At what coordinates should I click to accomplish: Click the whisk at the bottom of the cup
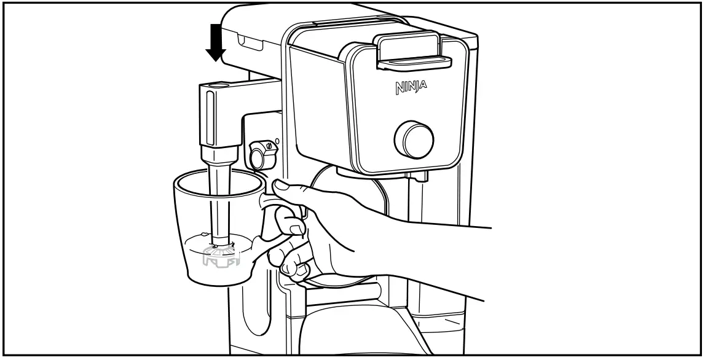coord(219,254)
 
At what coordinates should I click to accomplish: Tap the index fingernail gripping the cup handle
coord(296,229)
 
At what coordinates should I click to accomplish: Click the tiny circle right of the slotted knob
coord(276,141)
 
